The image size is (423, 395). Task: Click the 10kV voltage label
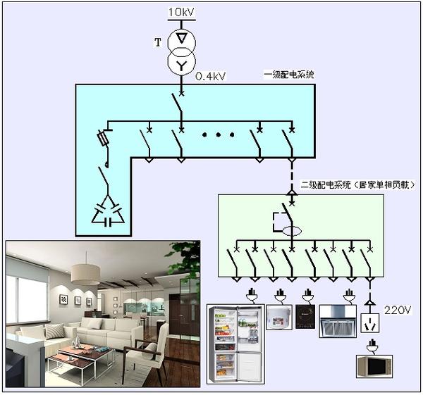pos(182,12)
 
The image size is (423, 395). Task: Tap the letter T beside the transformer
pos(158,42)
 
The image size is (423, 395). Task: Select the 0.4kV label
pos(210,77)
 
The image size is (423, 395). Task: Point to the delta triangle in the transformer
pos(181,38)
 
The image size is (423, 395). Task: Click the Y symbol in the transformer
pos(181,65)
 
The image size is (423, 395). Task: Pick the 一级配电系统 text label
pos(289,75)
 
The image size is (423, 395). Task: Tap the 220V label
pos(398,310)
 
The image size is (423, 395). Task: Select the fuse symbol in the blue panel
pos(104,138)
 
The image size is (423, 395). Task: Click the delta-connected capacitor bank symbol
pos(108,213)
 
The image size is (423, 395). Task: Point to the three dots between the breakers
pos(218,134)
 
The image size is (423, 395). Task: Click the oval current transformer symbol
pos(292,231)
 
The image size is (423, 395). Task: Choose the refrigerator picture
pos(235,344)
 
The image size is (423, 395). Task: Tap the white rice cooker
pos(279,317)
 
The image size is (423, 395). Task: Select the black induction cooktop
pos(305,317)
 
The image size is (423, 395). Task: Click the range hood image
pos(338,321)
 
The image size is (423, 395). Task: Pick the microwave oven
pos(374,366)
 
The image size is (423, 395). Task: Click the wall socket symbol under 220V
pos(370,323)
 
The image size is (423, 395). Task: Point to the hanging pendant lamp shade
pos(85,275)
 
